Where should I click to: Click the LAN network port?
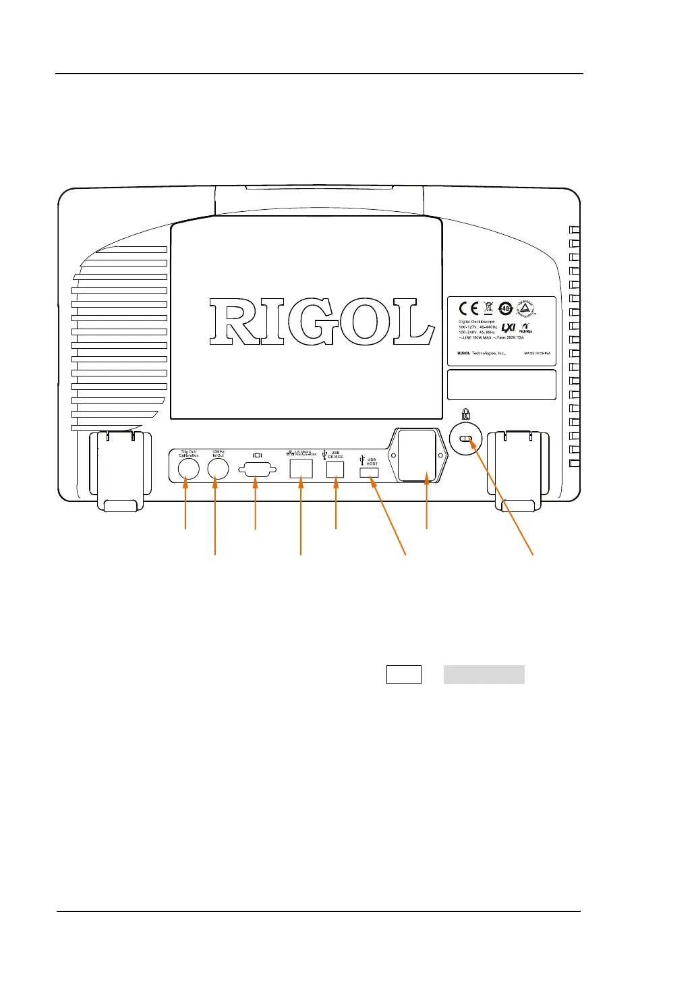301,469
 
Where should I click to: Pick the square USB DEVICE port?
335,470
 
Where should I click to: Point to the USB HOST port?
370,474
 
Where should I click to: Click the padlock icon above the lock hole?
465,412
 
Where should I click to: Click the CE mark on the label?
469,309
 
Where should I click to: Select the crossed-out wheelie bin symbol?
488,309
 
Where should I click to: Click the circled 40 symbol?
506,309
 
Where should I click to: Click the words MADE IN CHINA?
537,353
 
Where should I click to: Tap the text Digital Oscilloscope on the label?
477,322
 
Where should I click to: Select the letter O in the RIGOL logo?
366,322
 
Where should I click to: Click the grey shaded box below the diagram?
484,675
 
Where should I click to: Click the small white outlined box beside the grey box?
404,675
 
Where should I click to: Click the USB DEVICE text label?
335,455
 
